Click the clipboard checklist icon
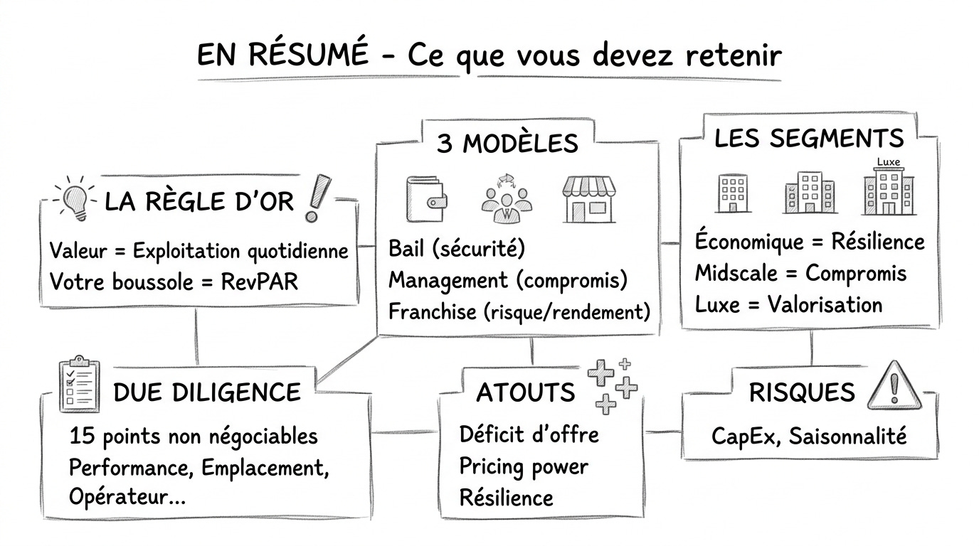(x=78, y=384)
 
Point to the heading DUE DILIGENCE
(x=206, y=392)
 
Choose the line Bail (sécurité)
(x=456, y=249)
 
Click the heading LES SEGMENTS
(x=809, y=139)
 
